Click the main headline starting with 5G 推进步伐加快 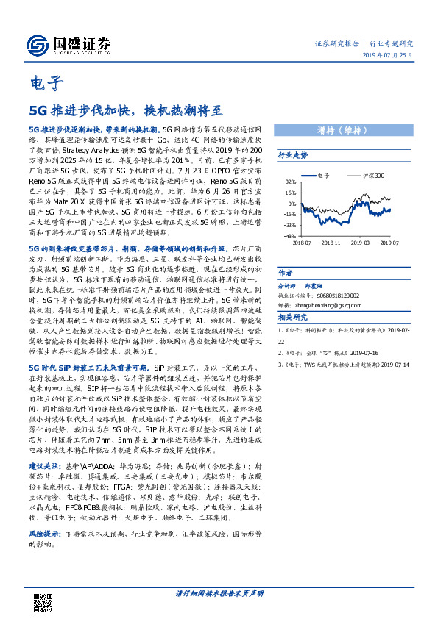tap(125, 110)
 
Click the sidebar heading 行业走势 tap(292, 155)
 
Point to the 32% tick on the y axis tap(292, 182)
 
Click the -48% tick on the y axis tap(291, 237)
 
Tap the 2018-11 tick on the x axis tap(331, 242)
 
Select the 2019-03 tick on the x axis tap(361, 242)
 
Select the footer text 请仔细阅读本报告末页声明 tap(219, 593)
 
